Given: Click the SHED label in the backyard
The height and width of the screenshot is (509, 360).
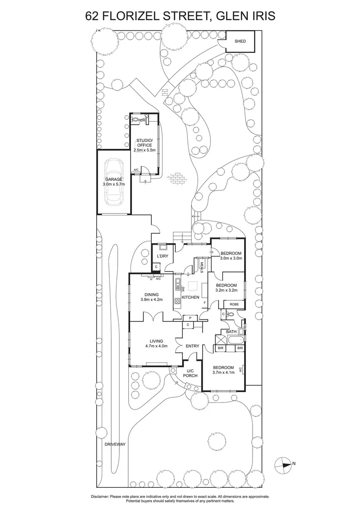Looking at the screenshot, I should click(240, 41).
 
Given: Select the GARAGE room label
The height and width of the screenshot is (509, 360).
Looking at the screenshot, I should click(114, 179).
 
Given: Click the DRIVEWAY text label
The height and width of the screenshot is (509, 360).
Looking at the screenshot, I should click(116, 444).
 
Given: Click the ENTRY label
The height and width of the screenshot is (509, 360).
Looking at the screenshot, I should click(192, 346).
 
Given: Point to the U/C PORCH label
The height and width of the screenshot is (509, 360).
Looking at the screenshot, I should click(191, 373).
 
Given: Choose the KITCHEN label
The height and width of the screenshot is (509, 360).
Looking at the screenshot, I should click(191, 297).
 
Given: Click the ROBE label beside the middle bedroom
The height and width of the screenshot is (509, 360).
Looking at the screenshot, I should click(234, 304).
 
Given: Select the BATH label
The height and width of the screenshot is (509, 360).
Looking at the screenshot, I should click(231, 332).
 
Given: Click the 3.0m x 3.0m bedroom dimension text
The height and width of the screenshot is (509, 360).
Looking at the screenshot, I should click(231, 258).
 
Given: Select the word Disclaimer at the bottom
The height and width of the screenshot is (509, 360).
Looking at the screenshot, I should click(103, 497).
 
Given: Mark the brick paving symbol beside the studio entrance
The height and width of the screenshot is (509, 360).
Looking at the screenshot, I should click(179, 178).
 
